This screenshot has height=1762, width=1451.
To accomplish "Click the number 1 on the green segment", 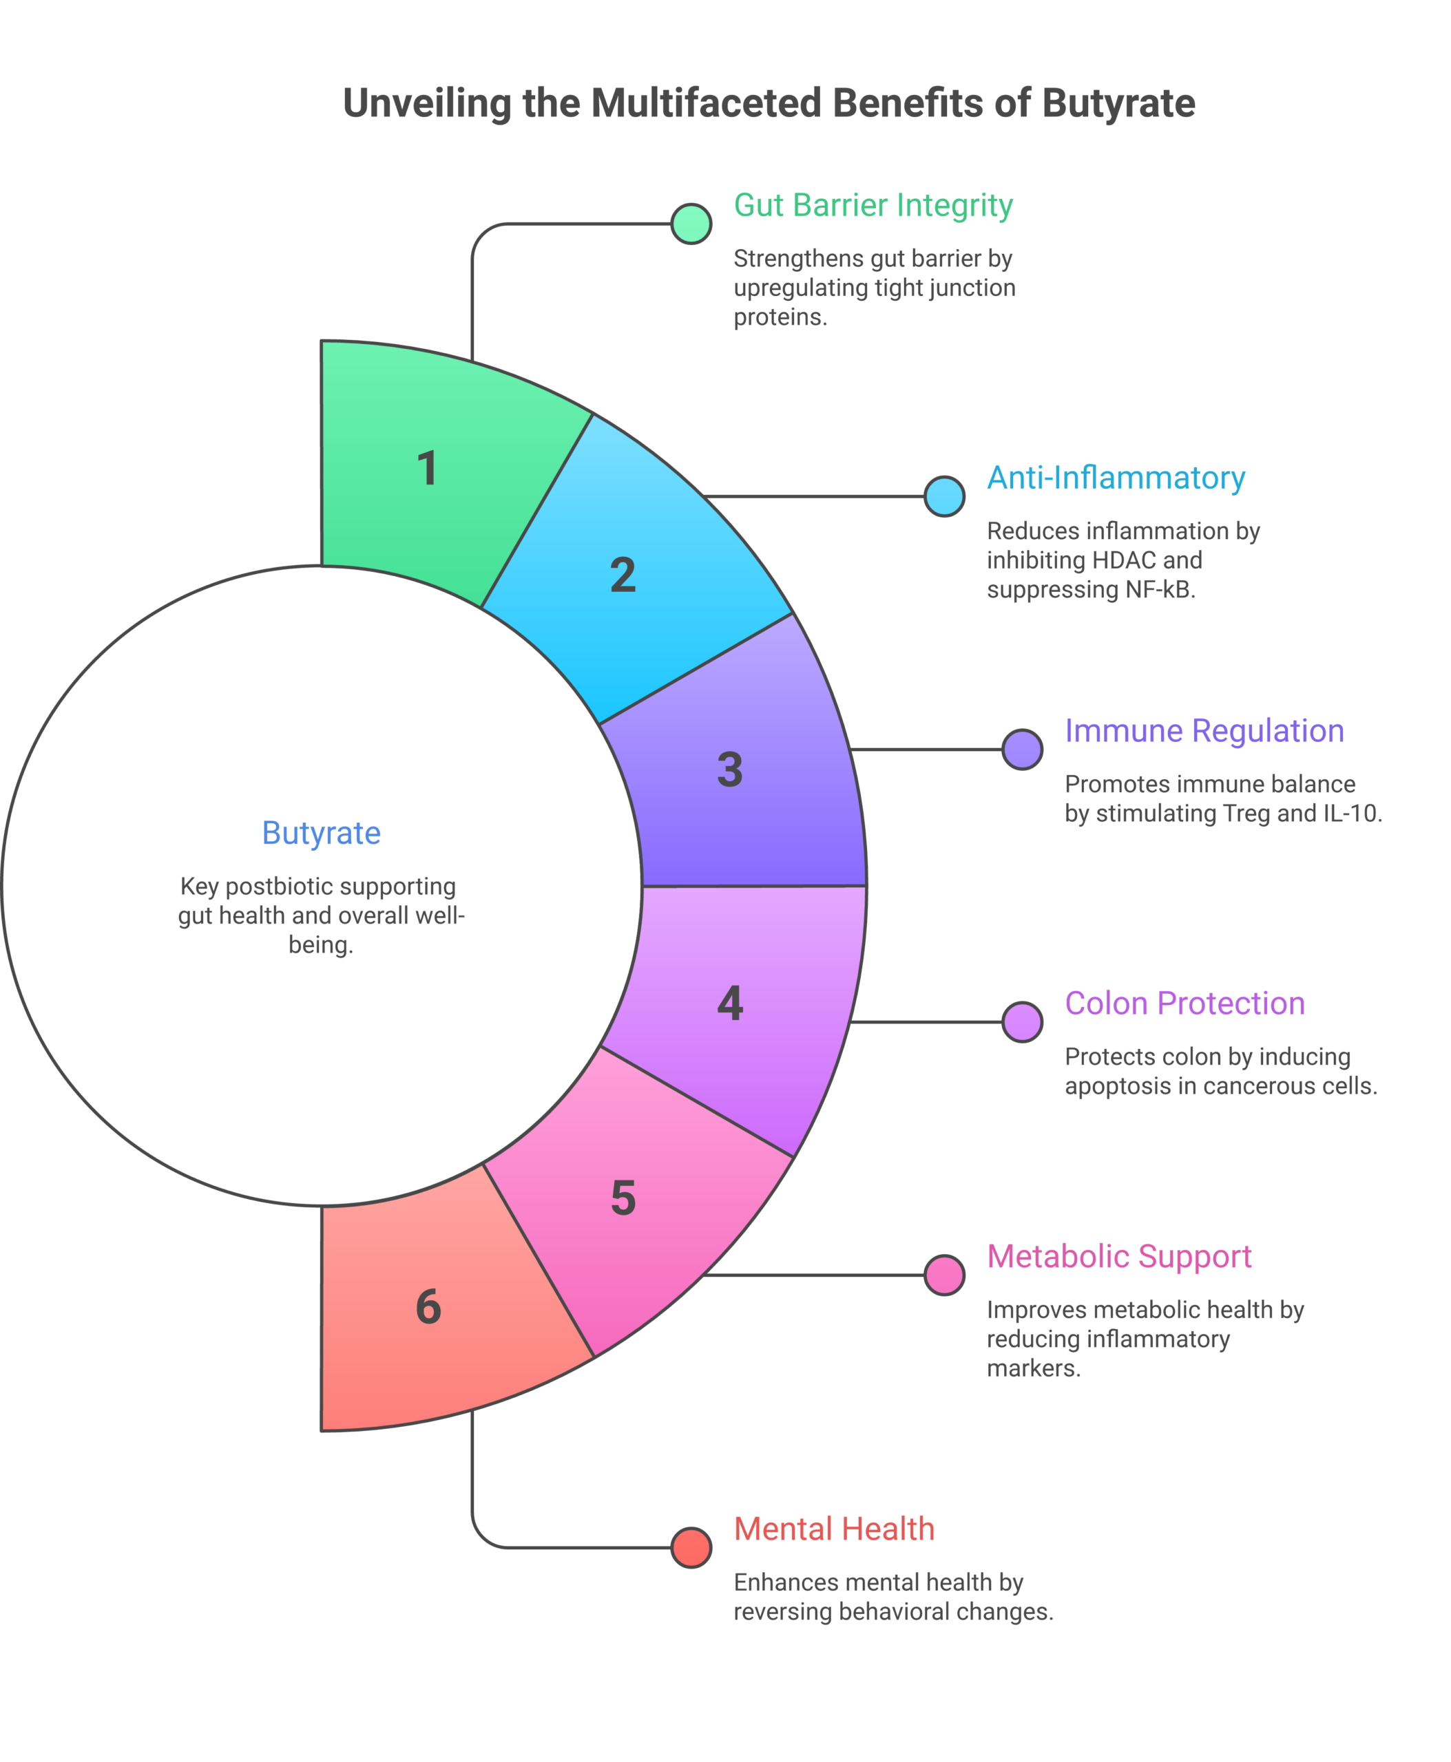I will tap(427, 468).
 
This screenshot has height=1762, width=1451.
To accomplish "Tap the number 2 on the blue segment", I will tap(623, 575).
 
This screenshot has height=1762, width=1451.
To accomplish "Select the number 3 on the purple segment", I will tap(730, 769).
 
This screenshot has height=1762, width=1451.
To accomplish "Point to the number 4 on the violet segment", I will tap(730, 1003).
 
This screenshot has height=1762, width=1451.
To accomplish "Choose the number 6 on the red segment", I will tap(428, 1306).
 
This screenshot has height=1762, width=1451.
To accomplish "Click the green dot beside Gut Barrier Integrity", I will tap(691, 224).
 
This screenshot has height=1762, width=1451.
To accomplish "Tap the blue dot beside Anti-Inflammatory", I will tap(944, 496).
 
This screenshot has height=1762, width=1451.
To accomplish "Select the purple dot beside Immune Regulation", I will tap(1022, 750).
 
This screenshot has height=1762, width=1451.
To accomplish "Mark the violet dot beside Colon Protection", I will tap(1022, 1022).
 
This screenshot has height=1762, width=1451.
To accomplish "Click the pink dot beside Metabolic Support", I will tap(944, 1275).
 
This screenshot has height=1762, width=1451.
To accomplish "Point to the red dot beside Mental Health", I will tap(691, 1547).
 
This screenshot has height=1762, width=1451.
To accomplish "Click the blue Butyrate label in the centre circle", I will tap(321, 833).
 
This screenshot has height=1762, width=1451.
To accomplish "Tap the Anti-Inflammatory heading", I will tap(1116, 478).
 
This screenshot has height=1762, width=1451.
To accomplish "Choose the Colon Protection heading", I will tap(1184, 1004).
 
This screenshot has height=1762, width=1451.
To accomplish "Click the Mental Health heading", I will tap(834, 1529).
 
